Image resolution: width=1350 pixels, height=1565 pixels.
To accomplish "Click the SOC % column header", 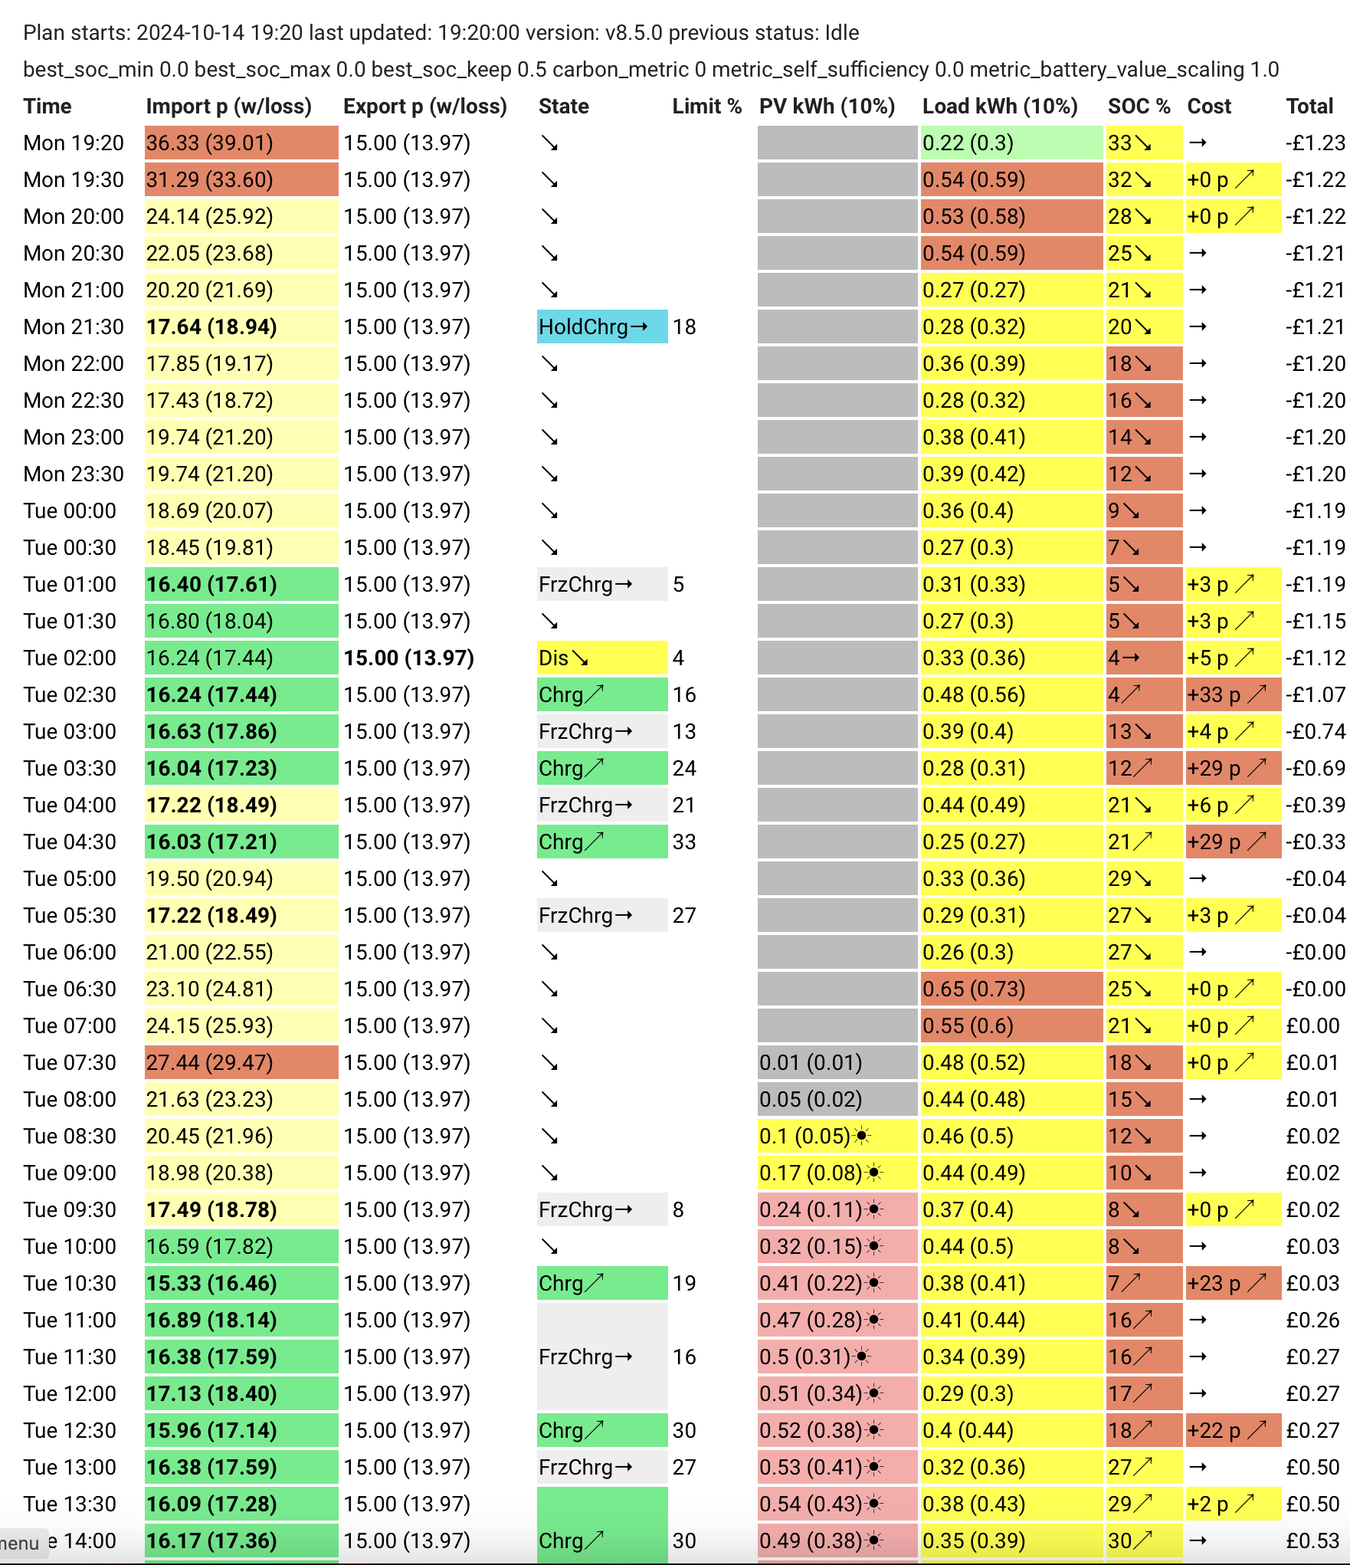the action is [1139, 107].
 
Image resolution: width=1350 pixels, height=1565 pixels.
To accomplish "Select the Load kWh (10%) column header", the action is [1000, 107].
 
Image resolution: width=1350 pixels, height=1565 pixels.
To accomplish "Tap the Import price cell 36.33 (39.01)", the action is [241, 143].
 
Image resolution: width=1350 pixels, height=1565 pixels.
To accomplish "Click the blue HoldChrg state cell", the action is [602, 326].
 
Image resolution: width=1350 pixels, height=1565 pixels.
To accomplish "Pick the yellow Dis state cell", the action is [602, 658].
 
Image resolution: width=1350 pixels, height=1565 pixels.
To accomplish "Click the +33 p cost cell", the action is [1233, 694].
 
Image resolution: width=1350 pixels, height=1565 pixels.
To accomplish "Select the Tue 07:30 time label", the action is [70, 1062].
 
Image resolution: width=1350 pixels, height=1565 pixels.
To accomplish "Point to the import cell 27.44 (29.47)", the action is [241, 1062].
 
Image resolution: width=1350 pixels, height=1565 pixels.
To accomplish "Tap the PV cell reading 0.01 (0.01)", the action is [837, 1062].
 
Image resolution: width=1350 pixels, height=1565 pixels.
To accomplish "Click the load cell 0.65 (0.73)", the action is [1011, 989].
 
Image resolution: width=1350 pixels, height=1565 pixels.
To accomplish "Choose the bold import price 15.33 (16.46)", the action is [211, 1283].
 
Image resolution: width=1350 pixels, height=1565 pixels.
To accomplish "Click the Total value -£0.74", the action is [1316, 731].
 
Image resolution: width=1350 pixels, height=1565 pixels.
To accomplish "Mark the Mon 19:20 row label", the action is [74, 143].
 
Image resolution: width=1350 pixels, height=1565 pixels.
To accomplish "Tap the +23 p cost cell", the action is [1233, 1283].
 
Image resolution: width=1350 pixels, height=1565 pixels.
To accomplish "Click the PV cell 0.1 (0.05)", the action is [837, 1136].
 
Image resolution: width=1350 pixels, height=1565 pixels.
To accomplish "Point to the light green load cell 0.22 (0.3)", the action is [1011, 143].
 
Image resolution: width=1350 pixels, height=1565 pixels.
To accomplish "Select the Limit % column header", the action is [707, 107].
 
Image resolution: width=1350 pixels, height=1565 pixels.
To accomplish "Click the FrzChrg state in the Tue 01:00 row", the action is [602, 584].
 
